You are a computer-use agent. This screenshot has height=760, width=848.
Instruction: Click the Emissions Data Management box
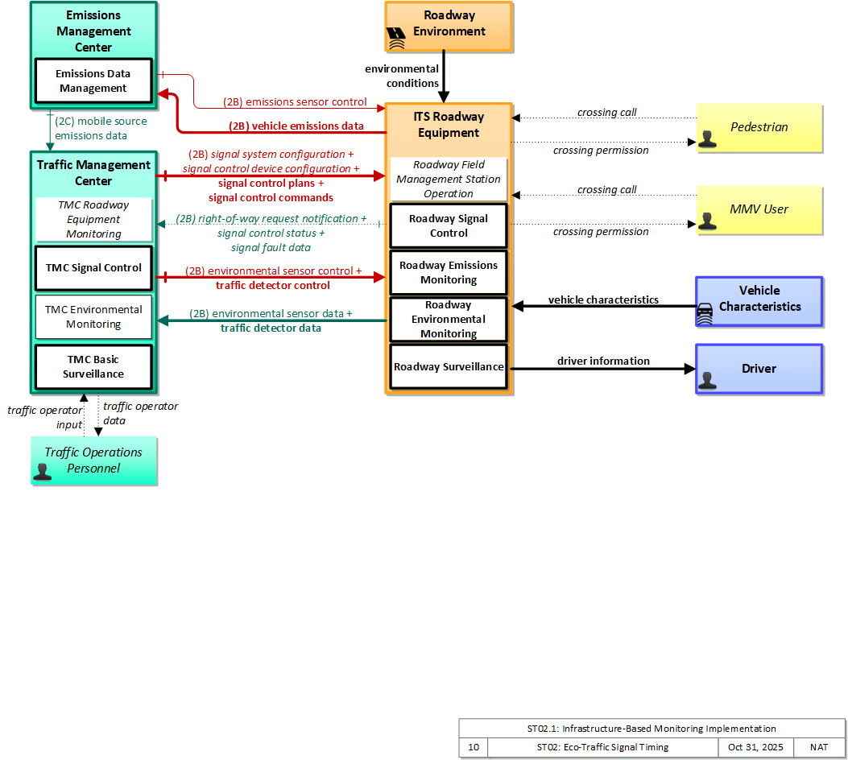[x=93, y=81]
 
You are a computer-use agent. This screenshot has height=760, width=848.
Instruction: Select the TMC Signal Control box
[x=93, y=268]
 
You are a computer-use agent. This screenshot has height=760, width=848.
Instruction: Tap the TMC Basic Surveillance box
[x=93, y=367]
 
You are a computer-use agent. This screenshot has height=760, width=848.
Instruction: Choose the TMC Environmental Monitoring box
[x=93, y=316]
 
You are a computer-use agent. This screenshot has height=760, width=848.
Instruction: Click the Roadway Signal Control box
[x=449, y=226]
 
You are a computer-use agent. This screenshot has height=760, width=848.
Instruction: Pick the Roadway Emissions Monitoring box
[x=449, y=272]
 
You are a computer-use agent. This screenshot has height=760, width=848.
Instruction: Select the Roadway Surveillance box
[x=449, y=367]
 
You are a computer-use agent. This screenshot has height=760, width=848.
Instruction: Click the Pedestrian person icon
[x=707, y=139]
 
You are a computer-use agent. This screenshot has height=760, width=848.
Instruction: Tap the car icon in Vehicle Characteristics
[x=705, y=313]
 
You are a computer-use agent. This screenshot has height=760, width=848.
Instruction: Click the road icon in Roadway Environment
[x=396, y=39]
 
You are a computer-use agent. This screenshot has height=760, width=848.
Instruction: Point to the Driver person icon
[x=707, y=381]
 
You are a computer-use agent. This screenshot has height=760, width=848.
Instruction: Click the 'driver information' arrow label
[x=603, y=361]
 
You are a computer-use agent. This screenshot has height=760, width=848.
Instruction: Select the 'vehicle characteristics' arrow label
[x=603, y=300]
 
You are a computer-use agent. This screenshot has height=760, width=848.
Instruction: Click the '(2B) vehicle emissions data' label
[x=296, y=126]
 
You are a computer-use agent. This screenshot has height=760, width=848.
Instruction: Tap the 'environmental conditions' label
[x=402, y=76]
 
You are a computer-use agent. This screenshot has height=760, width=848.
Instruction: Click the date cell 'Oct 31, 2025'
[x=755, y=747]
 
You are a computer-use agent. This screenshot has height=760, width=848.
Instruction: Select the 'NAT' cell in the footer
[x=819, y=747]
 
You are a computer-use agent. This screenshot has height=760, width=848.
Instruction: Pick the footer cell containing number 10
[x=474, y=747]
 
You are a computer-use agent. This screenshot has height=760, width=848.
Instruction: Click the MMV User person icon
[x=707, y=221]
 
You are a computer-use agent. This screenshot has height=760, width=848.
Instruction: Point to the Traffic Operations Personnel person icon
[x=43, y=472]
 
